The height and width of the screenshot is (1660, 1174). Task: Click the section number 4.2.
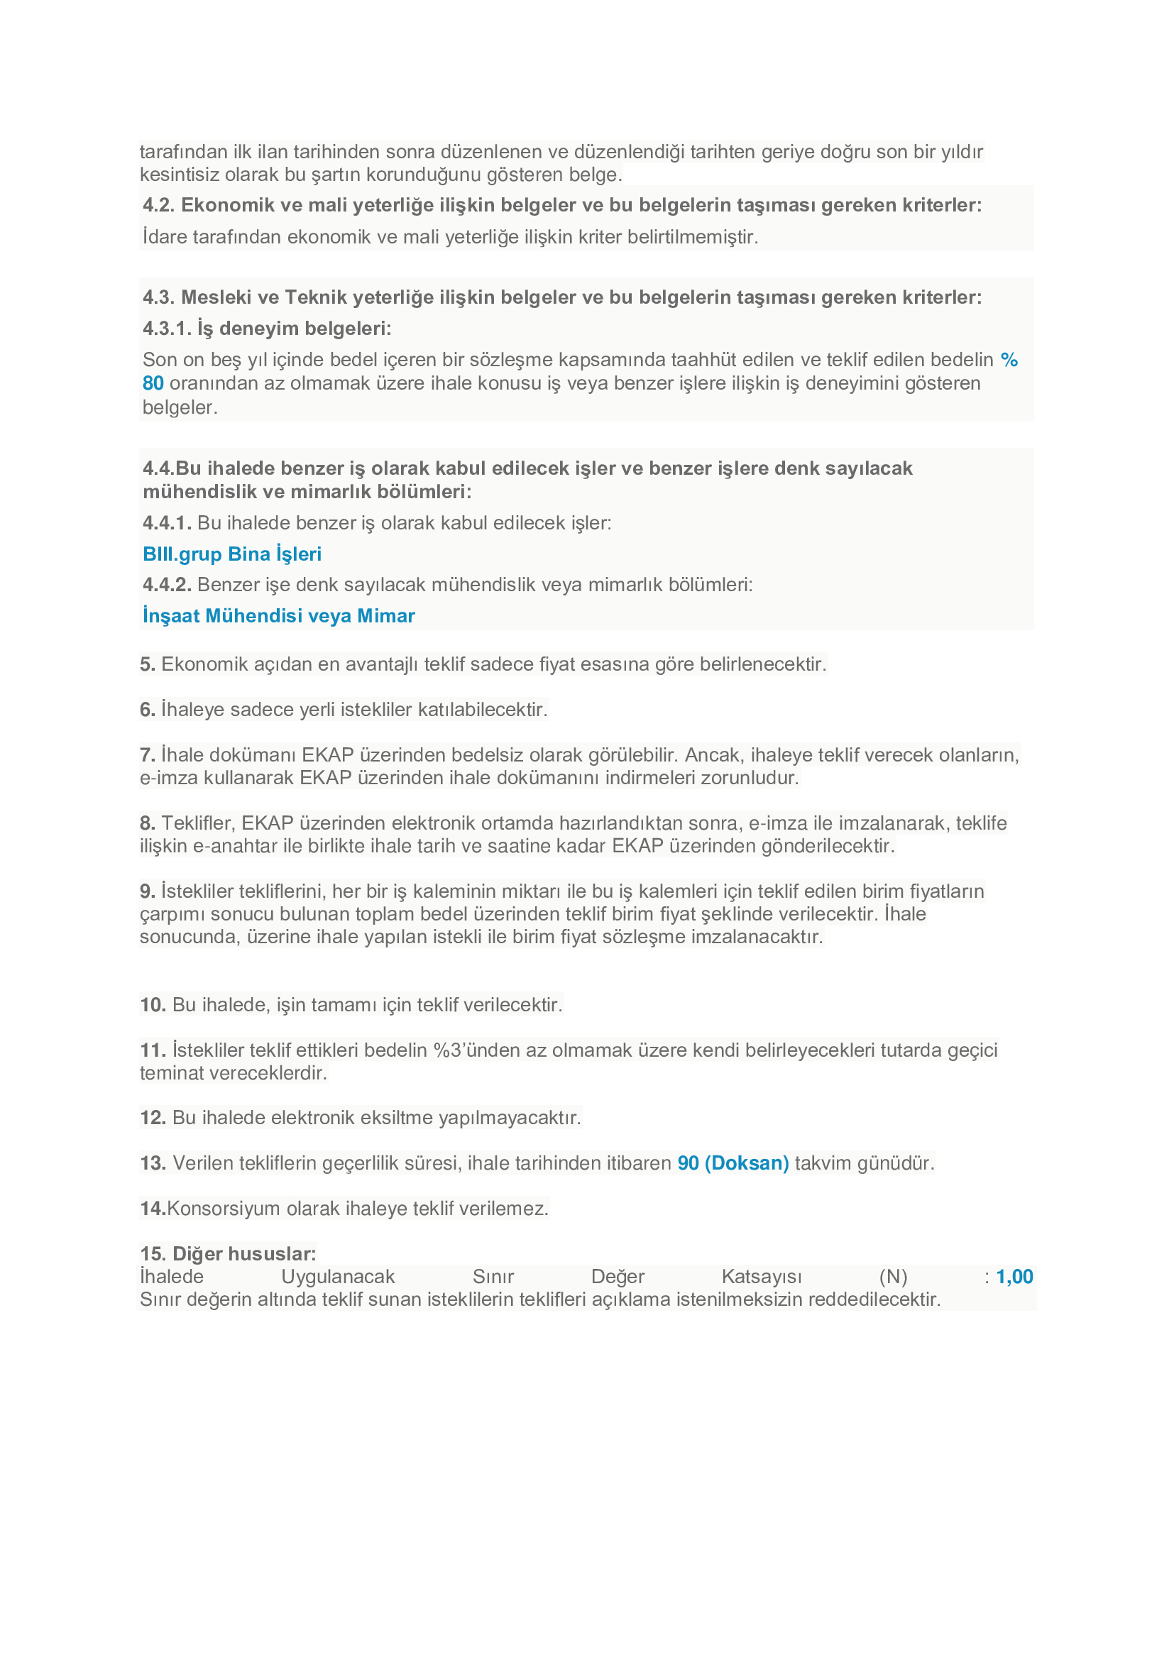tap(158, 205)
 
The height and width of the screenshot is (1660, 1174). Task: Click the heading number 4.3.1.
tap(167, 329)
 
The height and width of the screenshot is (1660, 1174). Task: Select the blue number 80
tap(153, 383)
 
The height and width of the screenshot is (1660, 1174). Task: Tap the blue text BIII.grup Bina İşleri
tap(232, 554)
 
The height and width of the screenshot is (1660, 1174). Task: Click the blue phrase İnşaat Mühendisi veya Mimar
tap(278, 616)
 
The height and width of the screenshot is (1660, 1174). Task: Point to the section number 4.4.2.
tap(167, 585)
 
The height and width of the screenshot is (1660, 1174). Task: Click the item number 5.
tap(148, 664)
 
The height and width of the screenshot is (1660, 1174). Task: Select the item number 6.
tap(148, 710)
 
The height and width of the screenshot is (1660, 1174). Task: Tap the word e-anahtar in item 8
tap(235, 846)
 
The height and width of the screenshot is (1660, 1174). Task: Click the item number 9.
tap(148, 891)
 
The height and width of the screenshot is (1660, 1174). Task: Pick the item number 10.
tap(153, 1005)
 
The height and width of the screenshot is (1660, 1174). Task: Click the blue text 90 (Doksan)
tap(733, 1163)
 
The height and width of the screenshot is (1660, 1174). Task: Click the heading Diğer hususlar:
tap(244, 1253)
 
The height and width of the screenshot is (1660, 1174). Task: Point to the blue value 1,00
tap(1014, 1277)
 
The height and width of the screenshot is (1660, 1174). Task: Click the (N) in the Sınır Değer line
tap(893, 1277)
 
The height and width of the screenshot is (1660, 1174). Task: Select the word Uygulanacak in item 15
tap(338, 1277)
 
